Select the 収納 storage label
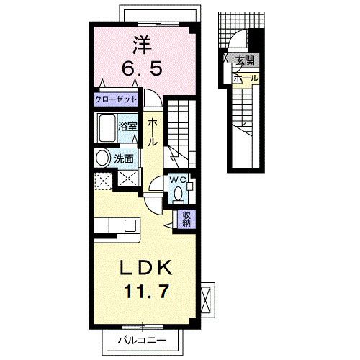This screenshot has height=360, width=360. coord(185,217)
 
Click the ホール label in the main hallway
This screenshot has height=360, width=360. coord(153,133)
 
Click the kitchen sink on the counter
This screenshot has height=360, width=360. coord(130,225)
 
